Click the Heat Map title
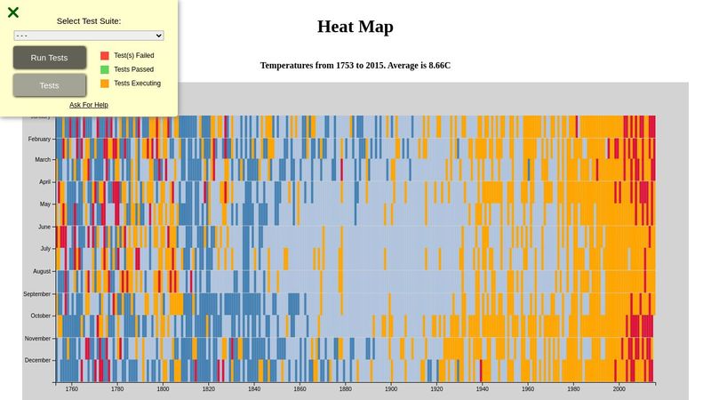(x=355, y=27)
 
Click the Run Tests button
(x=50, y=58)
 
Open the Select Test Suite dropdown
(x=89, y=36)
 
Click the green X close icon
(x=13, y=12)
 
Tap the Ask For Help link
(x=89, y=105)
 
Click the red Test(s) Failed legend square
(x=105, y=55)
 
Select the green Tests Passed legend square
(x=105, y=69)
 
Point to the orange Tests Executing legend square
(x=105, y=84)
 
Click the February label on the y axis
(x=39, y=139)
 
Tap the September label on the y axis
(x=37, y=293)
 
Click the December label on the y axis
(x=38, y=360)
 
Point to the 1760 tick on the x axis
(x=71, y=388)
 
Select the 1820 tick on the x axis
(x=208, y=388)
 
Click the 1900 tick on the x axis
(x=391, y=388)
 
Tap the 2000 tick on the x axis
(x=619, y=388)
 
